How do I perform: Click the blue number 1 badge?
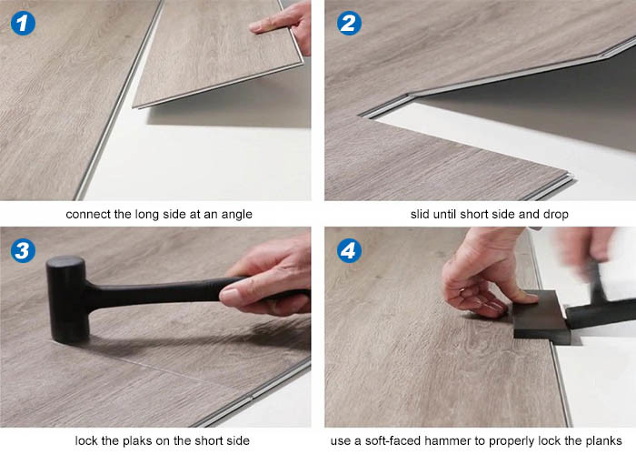point(23,23)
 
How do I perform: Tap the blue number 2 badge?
point(349,23)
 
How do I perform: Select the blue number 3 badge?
point(23,250)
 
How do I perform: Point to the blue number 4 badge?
point(349,250)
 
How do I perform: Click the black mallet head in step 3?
point(67,298)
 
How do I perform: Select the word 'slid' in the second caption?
point(420,214)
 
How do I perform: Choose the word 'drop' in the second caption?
point(556,215)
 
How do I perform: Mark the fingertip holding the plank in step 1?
point(255,27)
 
